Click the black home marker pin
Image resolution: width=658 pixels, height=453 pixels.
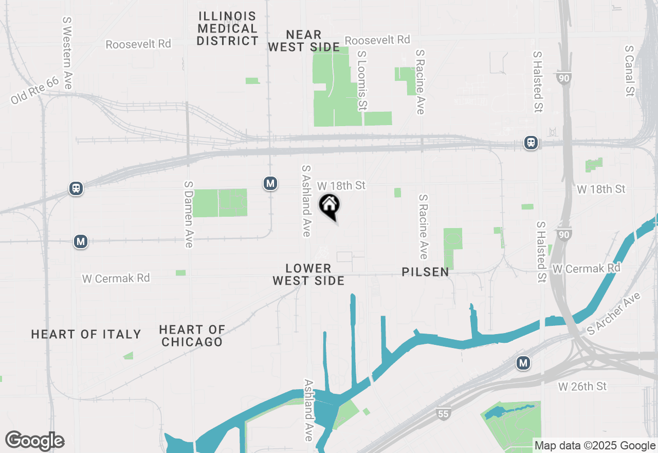pos(330,206)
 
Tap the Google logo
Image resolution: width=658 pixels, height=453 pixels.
pos(34,441)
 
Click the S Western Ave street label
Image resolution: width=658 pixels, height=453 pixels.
pos(67,53)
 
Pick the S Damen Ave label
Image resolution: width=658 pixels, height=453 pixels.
pos(189,214)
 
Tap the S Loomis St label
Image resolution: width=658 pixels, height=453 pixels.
pos(362,80)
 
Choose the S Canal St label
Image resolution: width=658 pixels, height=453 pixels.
pos(629,71)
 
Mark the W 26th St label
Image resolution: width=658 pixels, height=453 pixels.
pos(582,386)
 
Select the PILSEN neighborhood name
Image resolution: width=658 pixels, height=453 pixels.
pos(426,272)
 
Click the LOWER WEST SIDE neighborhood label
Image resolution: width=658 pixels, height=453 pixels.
pos(308,274)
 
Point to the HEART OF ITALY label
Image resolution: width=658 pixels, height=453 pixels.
pos(86,335)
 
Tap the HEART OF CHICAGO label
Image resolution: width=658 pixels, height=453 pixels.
pos(192,336)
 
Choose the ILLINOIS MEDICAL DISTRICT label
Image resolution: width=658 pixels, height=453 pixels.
pos(227,28)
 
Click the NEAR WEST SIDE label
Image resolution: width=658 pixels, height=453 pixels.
pos(304,41)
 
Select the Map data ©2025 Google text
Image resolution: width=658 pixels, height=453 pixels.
pos(595,446)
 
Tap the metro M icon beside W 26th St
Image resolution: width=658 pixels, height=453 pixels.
pos(523,363)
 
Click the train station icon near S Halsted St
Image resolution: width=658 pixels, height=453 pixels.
pos(531,143)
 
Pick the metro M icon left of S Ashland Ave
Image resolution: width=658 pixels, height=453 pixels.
pos(270,183)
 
